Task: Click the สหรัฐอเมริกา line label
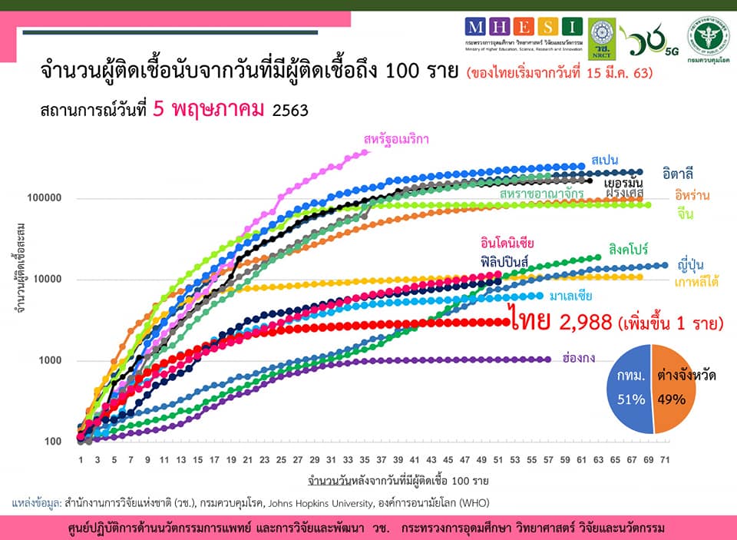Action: pyautogui.click(x=396, y=139)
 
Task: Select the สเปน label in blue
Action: pyautogui.click(x=606, y=159)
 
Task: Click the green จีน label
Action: pyautogui.click(x=686, y=214)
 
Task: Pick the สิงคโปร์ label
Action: pyautogui.click(x=629, y=249)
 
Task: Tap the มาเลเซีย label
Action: pyautogui.click(x=570, y=296)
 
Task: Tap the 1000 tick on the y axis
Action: pyautogui.click(x=48, y=361)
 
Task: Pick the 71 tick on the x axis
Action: pyautogui.click(x=666, y=459)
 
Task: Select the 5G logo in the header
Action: pyautogui.click(x=672, y=52)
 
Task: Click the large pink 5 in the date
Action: pyautogui.click(x=159, y=108)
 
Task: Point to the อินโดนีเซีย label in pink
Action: pyautogui.click(x=507, y=243)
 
